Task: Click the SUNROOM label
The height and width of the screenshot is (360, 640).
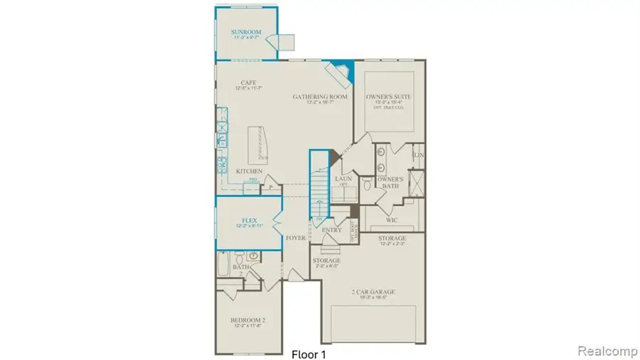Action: pyautogui.click(x=247, y=32)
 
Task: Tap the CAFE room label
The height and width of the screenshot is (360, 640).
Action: pyautogui.click(x=247, y=83)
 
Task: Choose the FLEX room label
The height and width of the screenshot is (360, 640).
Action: pyautogui.click(x=248, y=221)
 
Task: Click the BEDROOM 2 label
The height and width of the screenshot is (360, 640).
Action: pyautogui.click(x=247, y=320)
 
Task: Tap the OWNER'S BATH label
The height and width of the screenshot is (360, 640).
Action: pyautogui.click(x=390, y=182)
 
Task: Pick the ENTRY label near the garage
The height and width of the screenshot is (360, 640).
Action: pyautogui.click(x=331, y=230)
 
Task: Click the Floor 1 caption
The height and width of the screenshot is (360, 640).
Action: pyautogui.click(x=309, y=352)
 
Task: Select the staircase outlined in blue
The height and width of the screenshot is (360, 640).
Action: pyautogui.click(x=319, y=186)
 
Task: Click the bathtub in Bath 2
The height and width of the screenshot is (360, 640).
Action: pyautogui.click(x=222, y=272)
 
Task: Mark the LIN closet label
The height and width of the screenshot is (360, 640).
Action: pyautogui.click(x=420, y=155)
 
